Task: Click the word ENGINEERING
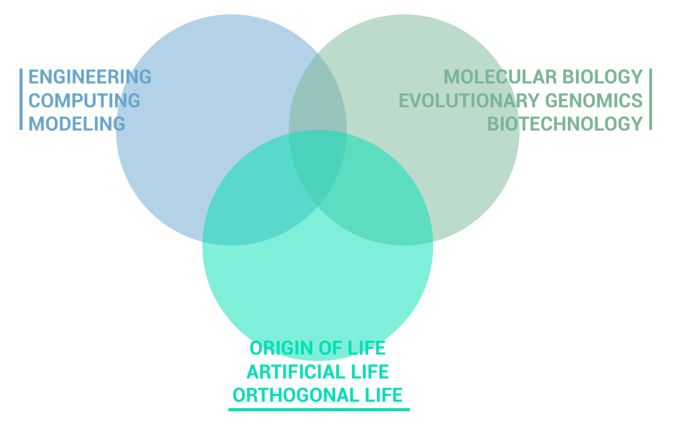coord(90,77)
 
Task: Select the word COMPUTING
coord(84,100)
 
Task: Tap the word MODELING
coord(77,123)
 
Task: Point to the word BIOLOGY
coord(602,77)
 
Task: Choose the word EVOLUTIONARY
coord(469,100)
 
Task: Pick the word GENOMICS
coord(593,100)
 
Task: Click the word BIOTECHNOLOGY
coord(565,123)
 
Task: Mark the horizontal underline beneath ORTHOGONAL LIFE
coord(319,409)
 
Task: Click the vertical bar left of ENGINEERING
coord(21,99)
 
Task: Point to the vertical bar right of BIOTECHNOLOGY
coord(650,99)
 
